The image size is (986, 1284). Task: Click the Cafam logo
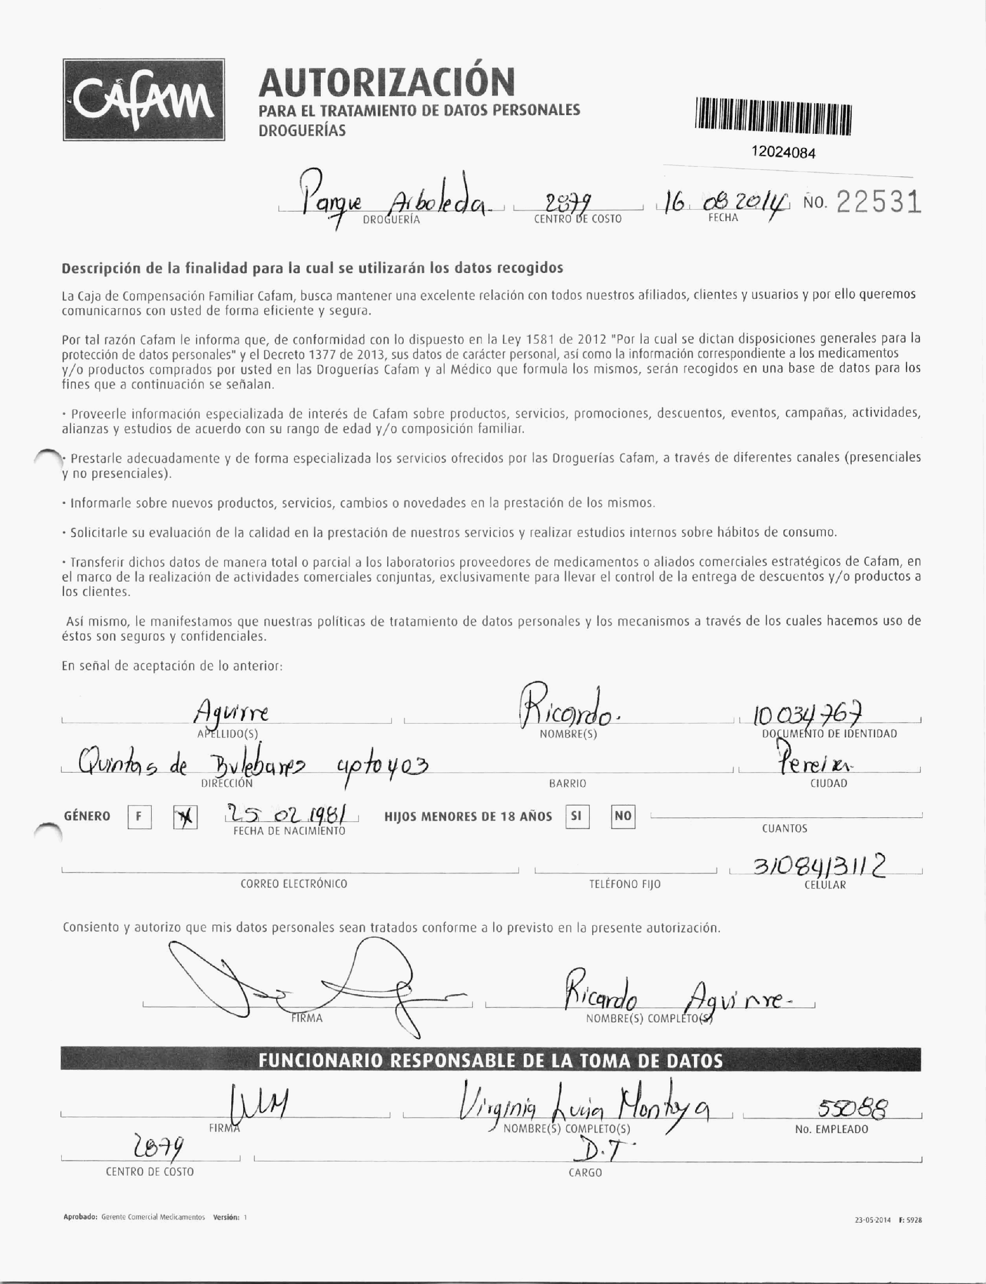[x=144, y=100]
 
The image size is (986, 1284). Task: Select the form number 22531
[x=878, y=203]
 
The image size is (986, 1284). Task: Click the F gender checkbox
[x=139, y=817]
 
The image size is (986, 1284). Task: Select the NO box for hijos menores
[x=623, y=816]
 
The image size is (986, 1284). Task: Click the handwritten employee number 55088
[x=853, y=1110]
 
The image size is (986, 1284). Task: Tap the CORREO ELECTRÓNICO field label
[x=293, y=884]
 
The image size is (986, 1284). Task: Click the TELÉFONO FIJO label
[x=625, y=884]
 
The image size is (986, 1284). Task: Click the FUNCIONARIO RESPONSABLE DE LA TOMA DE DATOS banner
[x=491, y=1060]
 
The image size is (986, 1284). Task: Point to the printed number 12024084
[x=783, y=153]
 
